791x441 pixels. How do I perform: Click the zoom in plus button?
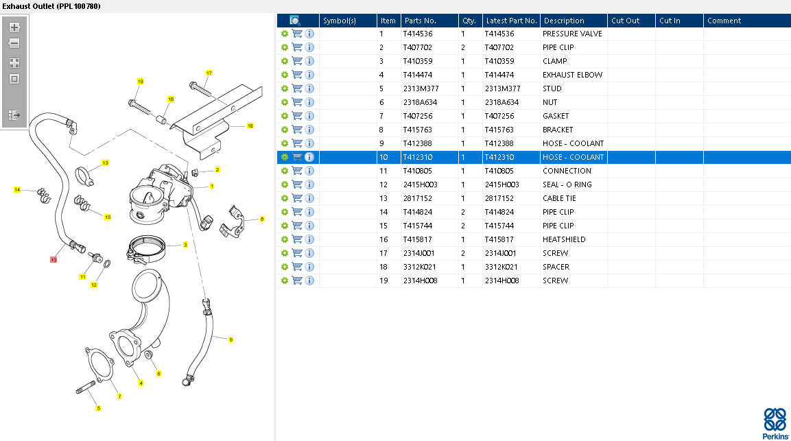point(14,27)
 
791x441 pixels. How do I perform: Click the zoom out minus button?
point(14,43)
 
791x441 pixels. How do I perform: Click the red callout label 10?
point(54,260)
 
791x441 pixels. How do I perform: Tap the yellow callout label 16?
point(250,126)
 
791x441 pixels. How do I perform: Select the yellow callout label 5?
point(98,408)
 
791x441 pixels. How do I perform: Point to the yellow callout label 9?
point(231,339)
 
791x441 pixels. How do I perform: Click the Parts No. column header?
point(421,21)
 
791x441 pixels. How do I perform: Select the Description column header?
point(564,21)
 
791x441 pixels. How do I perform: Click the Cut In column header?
point(670,21)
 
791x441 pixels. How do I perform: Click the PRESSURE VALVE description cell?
point(572,34)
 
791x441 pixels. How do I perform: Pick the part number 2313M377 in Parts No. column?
point(421,88)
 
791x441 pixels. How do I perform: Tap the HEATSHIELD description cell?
point(564,239)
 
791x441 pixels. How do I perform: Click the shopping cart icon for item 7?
point(297,115)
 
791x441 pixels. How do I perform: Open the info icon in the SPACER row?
point(309,266)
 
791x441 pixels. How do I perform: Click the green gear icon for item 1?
point(285,34)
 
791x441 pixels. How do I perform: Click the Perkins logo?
point(775,424)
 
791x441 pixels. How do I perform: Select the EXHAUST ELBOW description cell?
point(572,75)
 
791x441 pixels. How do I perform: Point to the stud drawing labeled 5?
point(86,388)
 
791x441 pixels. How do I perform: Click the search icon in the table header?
point(295,21)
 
